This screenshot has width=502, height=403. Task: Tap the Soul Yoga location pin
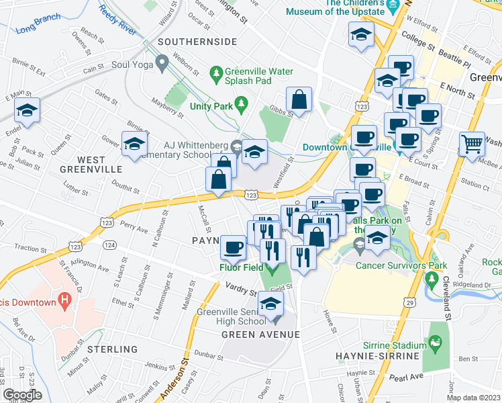[161, 64]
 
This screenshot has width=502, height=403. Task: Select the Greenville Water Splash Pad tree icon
[216, 71]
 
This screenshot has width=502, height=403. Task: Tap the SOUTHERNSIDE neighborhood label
[197, 42]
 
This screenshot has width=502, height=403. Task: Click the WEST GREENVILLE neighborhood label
[91, 165]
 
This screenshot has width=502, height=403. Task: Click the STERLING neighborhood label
[111, 349]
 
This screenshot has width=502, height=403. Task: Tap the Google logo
[22, 395]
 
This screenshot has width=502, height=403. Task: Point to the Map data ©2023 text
[473, 398]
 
